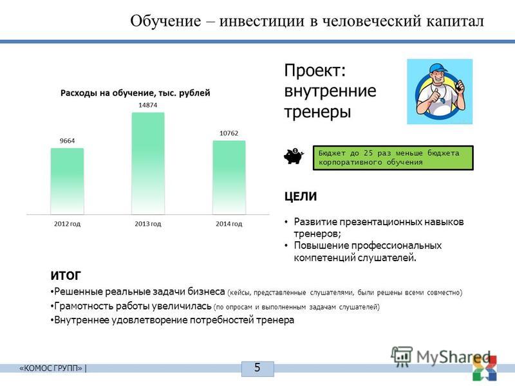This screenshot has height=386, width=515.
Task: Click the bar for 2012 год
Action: (x=67, y=181)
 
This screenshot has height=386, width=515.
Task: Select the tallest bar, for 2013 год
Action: (x=148, y=163)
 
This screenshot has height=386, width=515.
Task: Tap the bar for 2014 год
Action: (x=229, y=178)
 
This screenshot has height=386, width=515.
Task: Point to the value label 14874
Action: (x=148, y=105)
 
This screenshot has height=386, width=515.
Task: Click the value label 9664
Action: (x=67, y=141)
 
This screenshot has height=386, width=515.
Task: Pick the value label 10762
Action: (x=229, y=133)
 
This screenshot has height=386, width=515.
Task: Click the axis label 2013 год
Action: (x=148, y=224)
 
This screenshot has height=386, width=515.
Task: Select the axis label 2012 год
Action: (x=67, y=224)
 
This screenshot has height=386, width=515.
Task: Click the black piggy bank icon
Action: (x=294, y=156)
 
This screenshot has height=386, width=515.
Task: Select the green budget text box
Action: (x=393, y=158)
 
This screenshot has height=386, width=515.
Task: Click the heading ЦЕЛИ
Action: (x=301, y=196)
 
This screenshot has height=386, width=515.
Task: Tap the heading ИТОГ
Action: (x=66, y=276)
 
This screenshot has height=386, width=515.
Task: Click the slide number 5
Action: (x=257, y=367)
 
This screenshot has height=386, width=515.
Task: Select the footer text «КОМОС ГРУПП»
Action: (x=51, y=368)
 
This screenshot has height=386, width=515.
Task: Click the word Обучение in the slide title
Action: (x=165, y=21)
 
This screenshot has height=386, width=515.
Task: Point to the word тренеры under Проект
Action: (x=317, y=112)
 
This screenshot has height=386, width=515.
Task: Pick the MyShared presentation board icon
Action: (x=401, y=356)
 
